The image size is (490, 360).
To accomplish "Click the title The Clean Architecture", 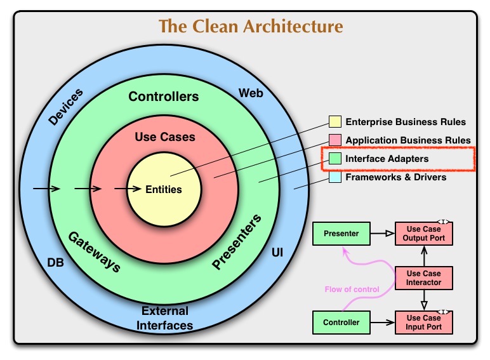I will coord(251,27).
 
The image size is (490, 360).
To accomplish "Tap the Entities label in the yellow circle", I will coord(164,189).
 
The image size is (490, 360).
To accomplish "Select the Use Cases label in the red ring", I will coord(165,137).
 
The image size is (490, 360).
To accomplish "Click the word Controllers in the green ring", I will coord(163,97).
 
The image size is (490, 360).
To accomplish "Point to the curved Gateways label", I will coord(94,251).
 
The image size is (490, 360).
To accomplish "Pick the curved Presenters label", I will coord(237,243).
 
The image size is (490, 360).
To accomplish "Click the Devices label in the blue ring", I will coord(66,106).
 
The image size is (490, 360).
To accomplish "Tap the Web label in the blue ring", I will coord(251,93).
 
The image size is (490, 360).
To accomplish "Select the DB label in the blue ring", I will coord(56,262).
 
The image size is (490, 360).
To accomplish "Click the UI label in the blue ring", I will coord(277,253).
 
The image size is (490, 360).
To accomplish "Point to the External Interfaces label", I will coord(165,318).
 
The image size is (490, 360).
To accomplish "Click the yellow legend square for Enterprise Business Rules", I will coord(335,121).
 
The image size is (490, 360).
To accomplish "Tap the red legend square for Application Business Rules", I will coord(335,140).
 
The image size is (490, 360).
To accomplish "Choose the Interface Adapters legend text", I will coord(387,159).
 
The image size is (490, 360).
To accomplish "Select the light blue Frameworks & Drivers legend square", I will coord(335,177).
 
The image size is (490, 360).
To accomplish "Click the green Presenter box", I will coord(341,234).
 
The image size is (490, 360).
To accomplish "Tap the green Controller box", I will coord(341,323).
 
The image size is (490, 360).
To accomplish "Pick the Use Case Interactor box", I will coord(424,277).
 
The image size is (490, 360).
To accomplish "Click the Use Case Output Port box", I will coord(424,234).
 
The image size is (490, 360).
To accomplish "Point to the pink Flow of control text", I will coord(352,290).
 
